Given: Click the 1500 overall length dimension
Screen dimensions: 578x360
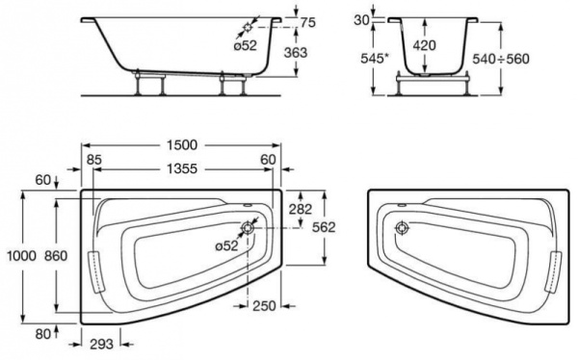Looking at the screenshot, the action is pyautogui.click(x=182, y=144).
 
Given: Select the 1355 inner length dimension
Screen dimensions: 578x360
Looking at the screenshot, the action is pyautogui.click(x=182, y=168).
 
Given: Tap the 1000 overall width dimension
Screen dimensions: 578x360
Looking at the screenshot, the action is pyautogui.click(x=22, y=255).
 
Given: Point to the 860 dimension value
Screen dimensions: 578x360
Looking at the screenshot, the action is pyautogui.click(x=56, y=255).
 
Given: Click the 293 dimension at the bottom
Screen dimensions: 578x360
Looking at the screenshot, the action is pyautogui.click(x=101, y=345).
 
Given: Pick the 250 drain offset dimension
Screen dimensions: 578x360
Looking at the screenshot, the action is pyautogui.click(x=264, y=305).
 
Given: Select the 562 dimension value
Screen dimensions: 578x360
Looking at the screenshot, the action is pyautogui.click(x=324, y=227).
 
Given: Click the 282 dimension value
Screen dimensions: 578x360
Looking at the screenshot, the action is pyautogui.click(x=300, y=209).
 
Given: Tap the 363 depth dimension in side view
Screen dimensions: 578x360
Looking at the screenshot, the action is pyautogui.click(x=296, y=53).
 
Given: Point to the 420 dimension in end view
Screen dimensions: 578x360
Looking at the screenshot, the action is pyautogui.click(x=424, y=45).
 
